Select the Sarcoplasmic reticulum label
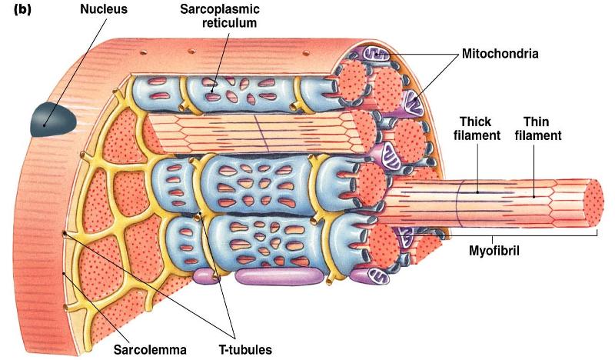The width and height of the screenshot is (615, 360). point(219,18)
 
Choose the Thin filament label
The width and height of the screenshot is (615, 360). point(542,128)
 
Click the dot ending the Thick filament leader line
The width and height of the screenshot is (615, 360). point(476,192)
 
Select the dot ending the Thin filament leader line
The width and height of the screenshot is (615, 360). point(533,196)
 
